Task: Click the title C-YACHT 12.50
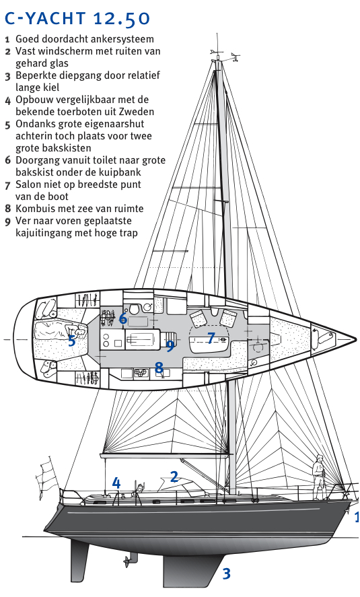coord(77,18)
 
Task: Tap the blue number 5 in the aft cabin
coord(71,341)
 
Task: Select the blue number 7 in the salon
coord(211,338)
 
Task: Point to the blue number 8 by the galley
coord(159,367)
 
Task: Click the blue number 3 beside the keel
coord(226,573)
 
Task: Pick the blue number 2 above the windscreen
coord(174,477)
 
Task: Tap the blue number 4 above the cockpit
coord(116,483)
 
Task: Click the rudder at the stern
coord(79,557)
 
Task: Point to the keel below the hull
coord(193,571)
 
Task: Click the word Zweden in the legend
coord(136,112)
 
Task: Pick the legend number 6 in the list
coord(8,160)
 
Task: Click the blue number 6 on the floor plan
coord(122,318)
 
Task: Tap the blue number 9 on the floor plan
coord(170,345)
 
